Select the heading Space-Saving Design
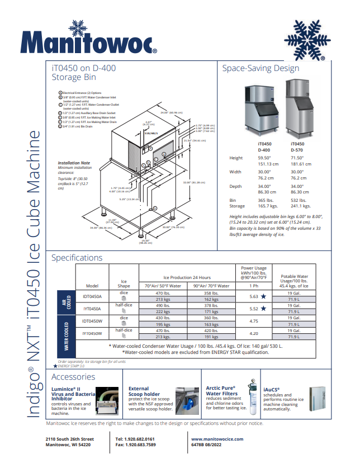tap(260, 68)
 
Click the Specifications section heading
tap(77, 258)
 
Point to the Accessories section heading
tap(73, 377)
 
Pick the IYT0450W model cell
tap(92, 333)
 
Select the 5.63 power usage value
tap(253, 297)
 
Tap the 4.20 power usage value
tap(253, 333)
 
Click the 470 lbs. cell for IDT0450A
tap(163, 293)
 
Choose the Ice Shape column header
tap(124, 283)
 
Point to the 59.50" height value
tap(264, 158)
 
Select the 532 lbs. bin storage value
tap(299, 200)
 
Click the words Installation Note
tap(74, 163)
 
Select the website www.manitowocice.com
tap(217, 439)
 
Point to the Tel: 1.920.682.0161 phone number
tap(135, 439)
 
